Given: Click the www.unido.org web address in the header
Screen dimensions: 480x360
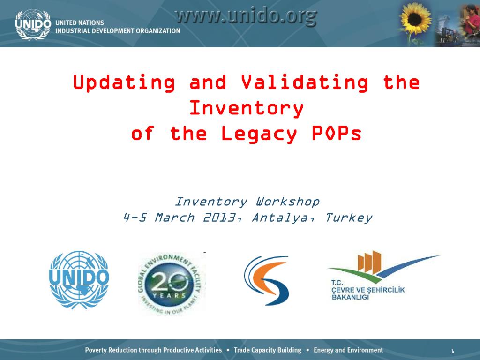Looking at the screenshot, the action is (247, 16).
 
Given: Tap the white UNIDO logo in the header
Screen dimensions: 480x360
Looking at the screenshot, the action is (33, 24).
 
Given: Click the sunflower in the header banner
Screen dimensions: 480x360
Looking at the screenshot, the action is (415, 18).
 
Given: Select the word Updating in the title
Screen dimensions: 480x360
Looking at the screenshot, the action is (124, 83).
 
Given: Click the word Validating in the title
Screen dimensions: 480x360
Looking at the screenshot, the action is (305, 83).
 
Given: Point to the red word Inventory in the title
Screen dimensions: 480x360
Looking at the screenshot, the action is (247, 108).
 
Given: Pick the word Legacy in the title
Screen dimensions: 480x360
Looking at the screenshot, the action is (259, 134).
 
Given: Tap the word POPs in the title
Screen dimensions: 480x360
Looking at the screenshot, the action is (337, 133).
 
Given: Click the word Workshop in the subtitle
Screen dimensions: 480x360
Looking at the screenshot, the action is (288, 202).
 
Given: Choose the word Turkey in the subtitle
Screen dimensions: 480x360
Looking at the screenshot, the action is (348, 218).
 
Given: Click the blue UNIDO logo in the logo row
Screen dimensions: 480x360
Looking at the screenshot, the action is (79, 280).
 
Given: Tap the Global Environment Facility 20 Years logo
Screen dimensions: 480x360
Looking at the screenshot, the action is (172, 284).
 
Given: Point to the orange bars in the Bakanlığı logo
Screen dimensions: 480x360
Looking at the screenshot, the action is (369, 262).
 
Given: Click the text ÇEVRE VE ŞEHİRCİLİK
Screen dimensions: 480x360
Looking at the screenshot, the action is (368, 290).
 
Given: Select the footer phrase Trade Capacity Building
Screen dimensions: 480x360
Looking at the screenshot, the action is (268, 350).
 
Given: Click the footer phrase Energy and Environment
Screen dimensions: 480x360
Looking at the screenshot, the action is (348, 350).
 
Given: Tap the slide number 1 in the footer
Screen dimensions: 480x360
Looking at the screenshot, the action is (452, 351).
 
